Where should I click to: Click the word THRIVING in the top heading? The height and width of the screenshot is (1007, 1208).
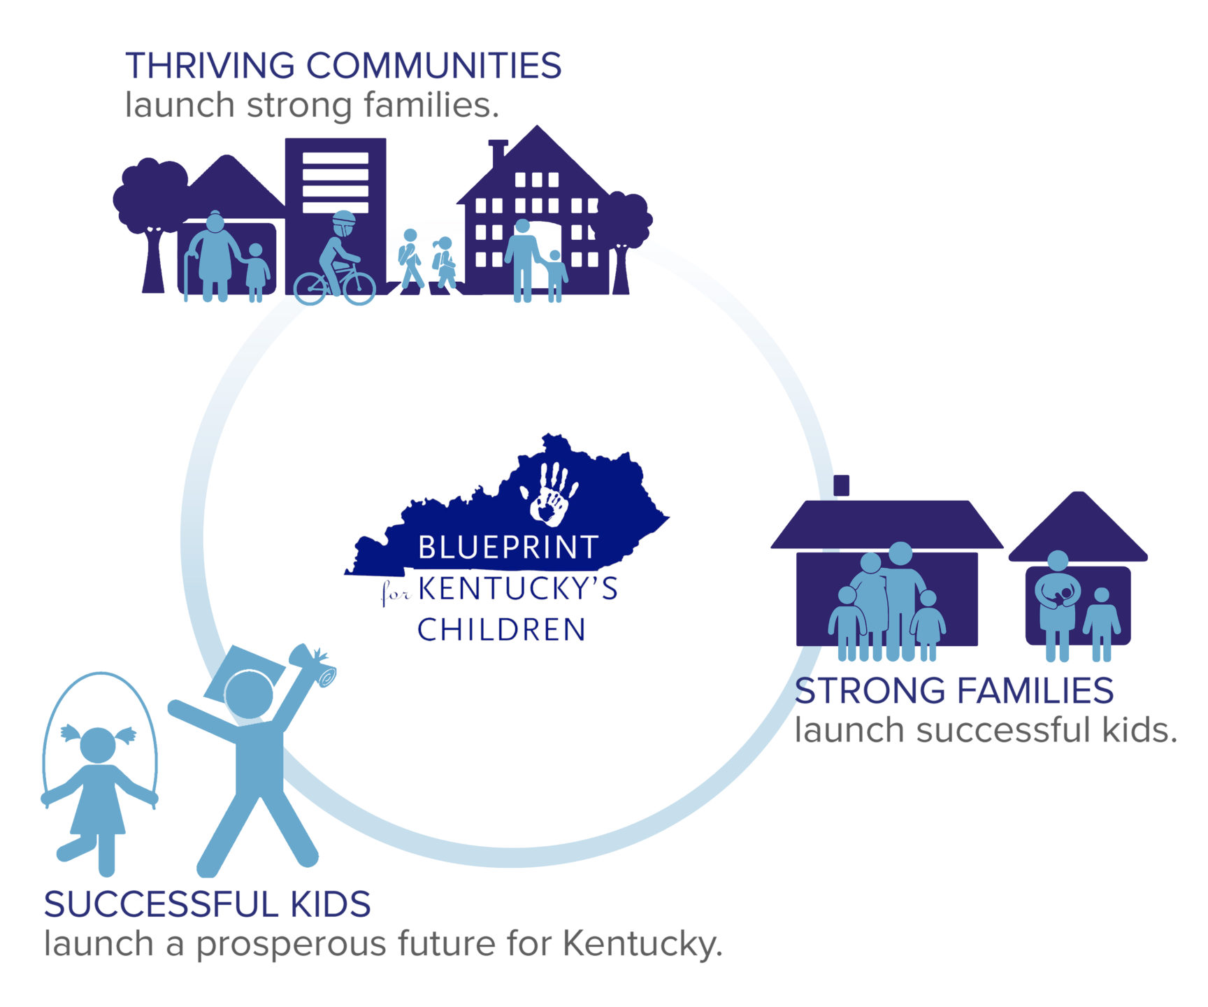pyautogui.click(x=210, y=66)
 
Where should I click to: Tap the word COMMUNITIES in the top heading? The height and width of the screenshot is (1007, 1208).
pyautogui.click(x=434, y=66)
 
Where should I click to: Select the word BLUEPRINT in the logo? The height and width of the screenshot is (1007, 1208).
pyautogui.click(x=508, y=547)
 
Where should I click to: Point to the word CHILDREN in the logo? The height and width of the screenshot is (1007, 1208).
pyautogui.click(x=501, y=629)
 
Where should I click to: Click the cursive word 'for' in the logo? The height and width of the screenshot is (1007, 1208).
pyautogui.click(x=396, y=594)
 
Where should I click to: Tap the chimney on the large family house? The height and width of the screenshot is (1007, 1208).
pyautogui.click(x=842, y=485)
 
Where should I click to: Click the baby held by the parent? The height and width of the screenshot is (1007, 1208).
pyautogui.click(x=1064, y=597)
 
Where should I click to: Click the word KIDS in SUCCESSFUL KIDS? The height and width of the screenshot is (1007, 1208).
pyautogui.click(x=331, y=905)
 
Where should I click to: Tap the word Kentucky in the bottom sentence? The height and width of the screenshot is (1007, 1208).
pyautogui.click(x=642, y=944)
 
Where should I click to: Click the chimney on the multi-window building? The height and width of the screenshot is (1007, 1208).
pyautogui.click(x=498, y=152)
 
